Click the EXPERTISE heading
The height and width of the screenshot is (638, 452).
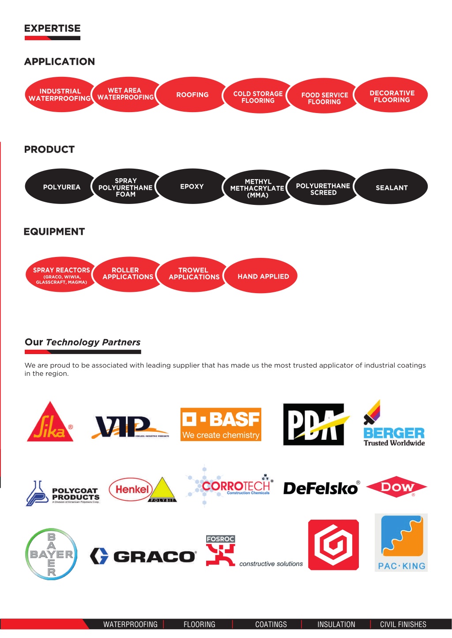(53, 28)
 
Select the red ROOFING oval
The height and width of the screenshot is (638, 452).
(192, 94)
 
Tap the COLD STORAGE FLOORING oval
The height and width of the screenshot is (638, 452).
(258, 96)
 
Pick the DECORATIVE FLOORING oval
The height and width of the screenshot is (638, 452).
(392, 95)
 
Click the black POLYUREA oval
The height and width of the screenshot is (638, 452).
(61, 186)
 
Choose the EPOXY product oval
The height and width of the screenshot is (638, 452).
(192, 186)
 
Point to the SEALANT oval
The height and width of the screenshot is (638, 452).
(392, 187)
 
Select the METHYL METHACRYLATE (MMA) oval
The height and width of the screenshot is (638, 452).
(258, 188)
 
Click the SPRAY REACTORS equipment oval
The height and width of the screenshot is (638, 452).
(61, 275)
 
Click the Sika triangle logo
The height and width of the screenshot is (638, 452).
(50, 422)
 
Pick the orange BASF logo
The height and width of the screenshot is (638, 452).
(221, 424)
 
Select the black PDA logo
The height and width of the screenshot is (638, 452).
(315, 424)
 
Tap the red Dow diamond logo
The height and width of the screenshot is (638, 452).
(396, 487)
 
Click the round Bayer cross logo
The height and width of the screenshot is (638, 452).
(51, 554)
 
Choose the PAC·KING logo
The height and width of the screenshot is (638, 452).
(401, 543)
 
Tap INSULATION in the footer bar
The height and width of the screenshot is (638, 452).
(336, 624)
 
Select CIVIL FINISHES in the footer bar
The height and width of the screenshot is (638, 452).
(403, 624)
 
